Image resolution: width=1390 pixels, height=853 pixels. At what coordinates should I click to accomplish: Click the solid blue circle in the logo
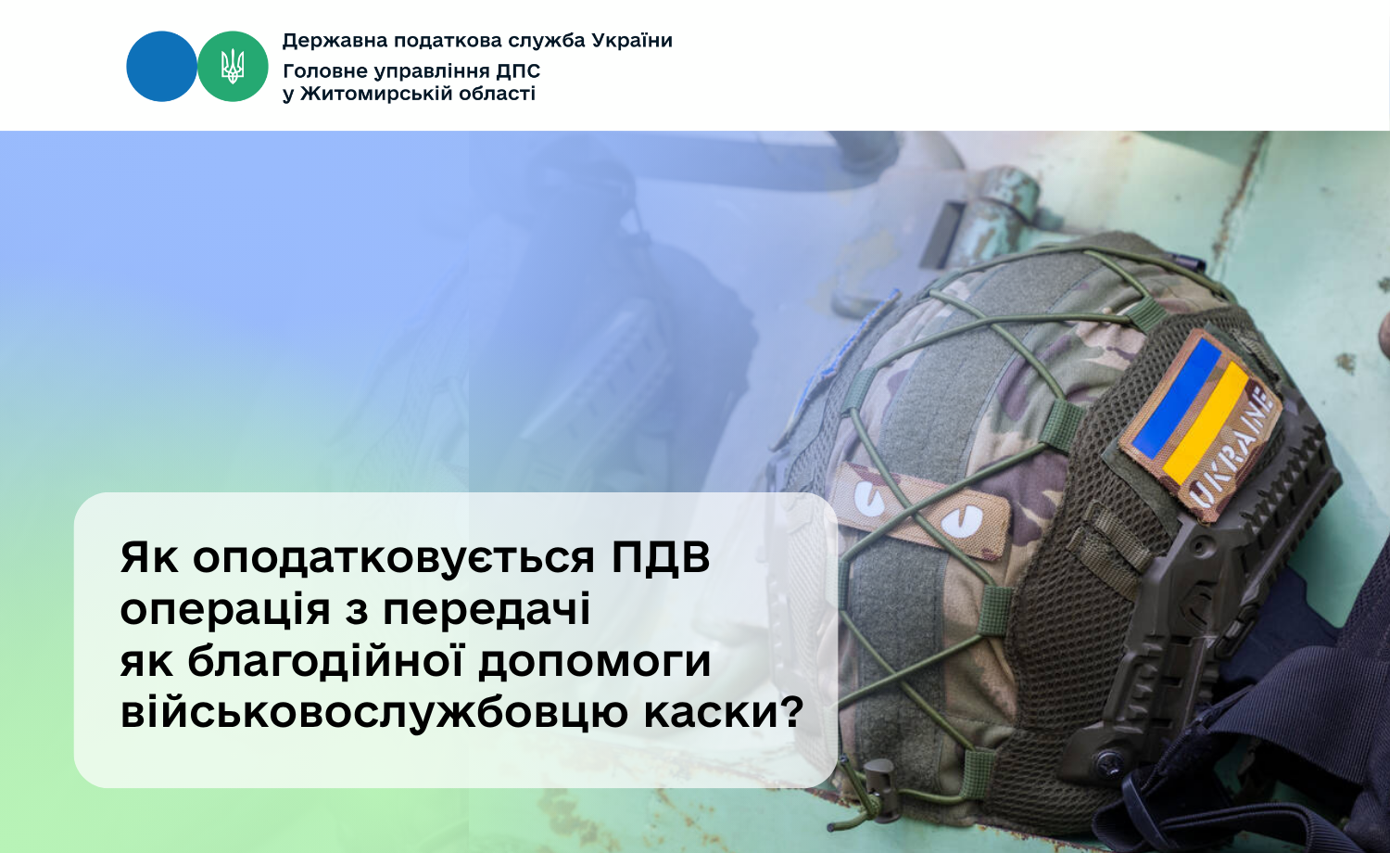coord(161,67)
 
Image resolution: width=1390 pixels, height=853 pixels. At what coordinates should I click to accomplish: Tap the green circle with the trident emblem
coord(233,67)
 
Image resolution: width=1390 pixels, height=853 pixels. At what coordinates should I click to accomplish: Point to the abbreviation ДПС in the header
coord(518,71)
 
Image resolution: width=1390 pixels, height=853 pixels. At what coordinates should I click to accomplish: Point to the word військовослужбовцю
coord(374,714)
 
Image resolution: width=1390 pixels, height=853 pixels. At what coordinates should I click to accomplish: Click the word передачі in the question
coord(486,611)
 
